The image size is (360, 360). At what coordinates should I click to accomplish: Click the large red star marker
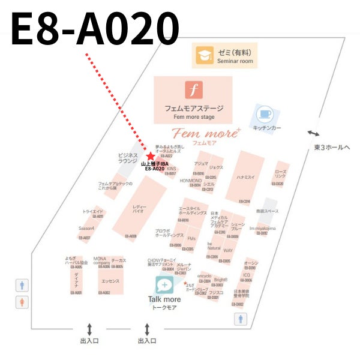150,156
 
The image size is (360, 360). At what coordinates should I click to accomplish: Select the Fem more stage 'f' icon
193,90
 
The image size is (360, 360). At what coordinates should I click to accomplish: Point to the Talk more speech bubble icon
164,284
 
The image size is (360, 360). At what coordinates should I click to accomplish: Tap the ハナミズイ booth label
245,178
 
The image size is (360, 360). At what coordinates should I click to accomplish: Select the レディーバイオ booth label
139,209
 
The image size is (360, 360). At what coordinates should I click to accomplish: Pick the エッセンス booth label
110,281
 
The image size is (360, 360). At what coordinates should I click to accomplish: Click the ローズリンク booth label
280,173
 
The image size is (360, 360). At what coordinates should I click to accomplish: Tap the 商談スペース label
267,211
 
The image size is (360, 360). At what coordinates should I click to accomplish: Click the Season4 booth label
87,229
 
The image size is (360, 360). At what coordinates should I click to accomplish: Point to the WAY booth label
228,250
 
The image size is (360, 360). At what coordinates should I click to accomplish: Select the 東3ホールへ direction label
332,147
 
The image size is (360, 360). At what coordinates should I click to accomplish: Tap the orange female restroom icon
22,301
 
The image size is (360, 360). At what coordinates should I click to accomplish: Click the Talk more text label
164,299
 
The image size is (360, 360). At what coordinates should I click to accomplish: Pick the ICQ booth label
247,275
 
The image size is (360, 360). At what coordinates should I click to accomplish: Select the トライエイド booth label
93,212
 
